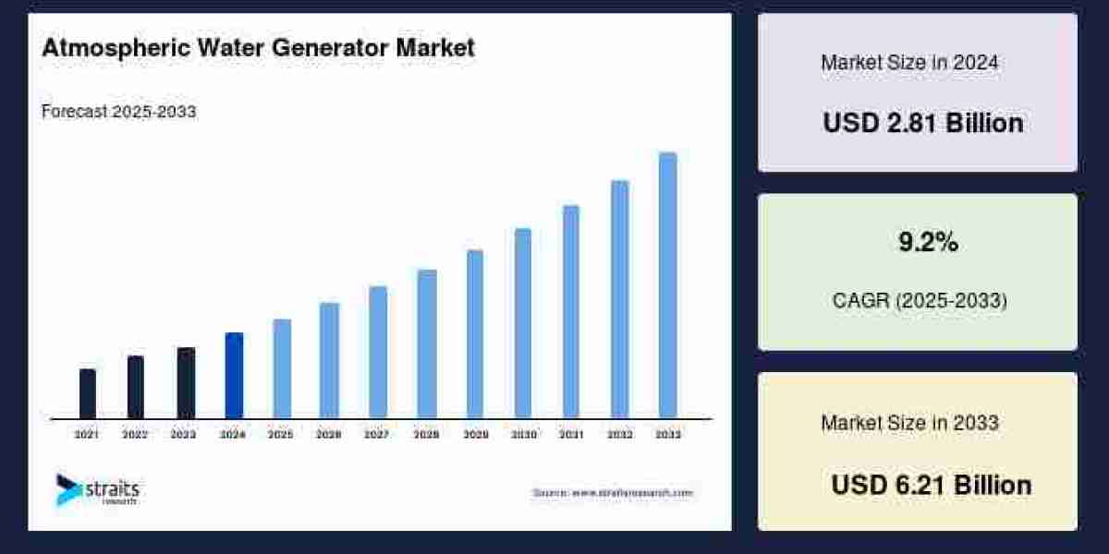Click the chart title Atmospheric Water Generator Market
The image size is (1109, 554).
(258, 48)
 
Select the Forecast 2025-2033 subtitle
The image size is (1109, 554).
(119, 112)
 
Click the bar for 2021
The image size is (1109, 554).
(88, 393)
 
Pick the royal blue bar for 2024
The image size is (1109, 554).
(234, 375)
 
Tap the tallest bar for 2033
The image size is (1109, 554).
(667, 285)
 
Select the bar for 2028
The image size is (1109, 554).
(426, 343)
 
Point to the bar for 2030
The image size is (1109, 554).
(523, 323)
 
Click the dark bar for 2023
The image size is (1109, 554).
(186, 382)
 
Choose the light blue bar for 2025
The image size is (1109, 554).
(282, 368)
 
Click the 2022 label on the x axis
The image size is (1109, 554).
(135, 434)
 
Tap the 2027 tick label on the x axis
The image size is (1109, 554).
(376, 434)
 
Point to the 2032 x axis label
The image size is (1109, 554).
(619, 434)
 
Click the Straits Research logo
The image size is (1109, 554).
(96, 489)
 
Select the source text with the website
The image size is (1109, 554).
(612, 493)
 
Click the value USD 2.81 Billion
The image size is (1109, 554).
(922, 123)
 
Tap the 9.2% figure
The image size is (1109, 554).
(928, 243)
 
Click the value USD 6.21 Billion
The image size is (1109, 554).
(931, 485)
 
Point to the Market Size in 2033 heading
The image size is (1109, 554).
(909, 423)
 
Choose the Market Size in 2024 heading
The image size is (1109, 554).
(909, 63)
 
